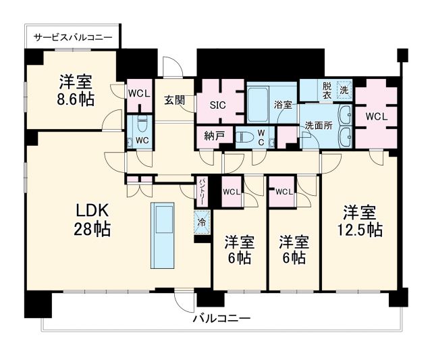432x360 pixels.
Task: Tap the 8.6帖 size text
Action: point(76,99)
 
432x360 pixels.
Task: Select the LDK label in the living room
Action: point(92,209)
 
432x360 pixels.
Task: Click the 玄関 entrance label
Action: point(174,101)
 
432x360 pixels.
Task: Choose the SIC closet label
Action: point(218,105)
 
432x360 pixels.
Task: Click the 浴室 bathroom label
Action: point(283,105)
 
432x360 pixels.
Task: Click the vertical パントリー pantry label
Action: point(202,191)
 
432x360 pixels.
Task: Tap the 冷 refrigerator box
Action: point(202,220)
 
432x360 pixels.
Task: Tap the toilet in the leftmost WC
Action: point(141,125)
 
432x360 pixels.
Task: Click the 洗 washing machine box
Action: point(344,88)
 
